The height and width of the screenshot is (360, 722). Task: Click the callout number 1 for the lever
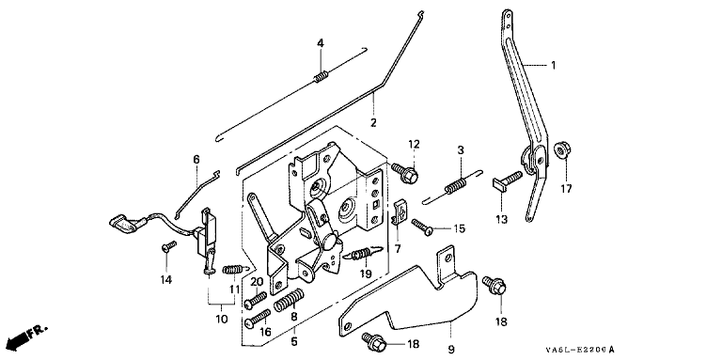pyautogui.click(x=553, y=66)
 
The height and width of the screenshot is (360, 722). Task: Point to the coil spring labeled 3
pyautogui.click(x=453, y=185)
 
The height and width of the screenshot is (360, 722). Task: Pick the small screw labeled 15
pyautogui.click(x=422, y=226)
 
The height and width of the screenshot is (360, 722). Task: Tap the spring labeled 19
pyautogui.click(x=365, y=254)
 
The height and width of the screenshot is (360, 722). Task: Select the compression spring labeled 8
pyautogui.click(x=290, y=299)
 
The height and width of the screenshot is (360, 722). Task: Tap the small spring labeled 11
pyautogui.click(x=234, y=269)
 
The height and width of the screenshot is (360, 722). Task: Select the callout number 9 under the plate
pyautogui.click(x=451, y=349)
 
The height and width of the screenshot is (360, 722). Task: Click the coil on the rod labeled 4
pyautogui.click(x=321, y=76)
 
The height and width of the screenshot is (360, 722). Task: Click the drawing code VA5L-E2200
pyautogui.click(x=579, y=351)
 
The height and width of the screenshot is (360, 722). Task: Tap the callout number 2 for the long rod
pyautogui.click(x=373, y=123)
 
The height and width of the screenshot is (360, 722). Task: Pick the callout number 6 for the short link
pyautogui.click(x=196, y=159)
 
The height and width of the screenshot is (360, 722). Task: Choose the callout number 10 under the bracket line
pyautogui.click(x=222, y=319)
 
